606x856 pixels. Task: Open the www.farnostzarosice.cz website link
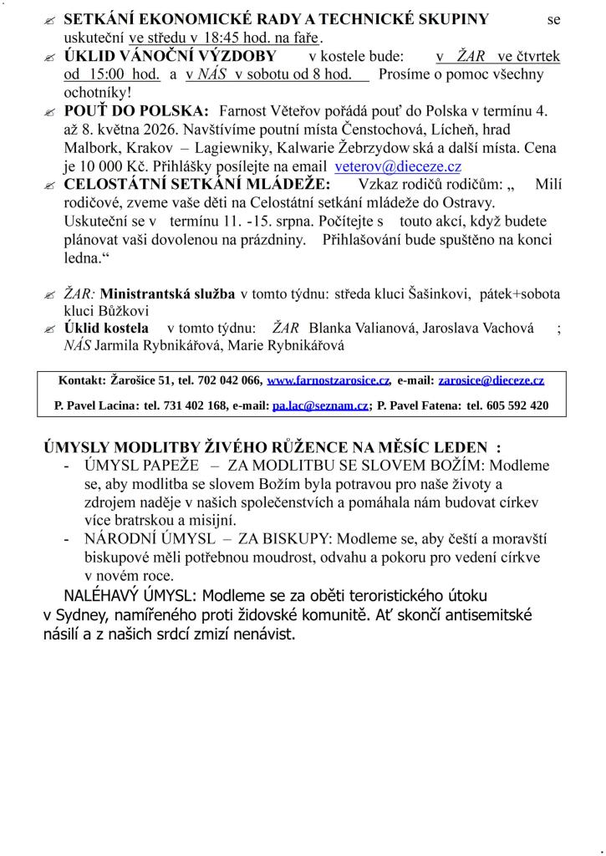[x=328, y=380]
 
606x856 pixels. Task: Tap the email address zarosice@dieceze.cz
[x=491, y=380]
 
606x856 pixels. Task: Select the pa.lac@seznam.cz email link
[x=320, y=405]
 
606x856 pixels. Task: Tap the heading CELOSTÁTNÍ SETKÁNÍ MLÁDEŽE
[x=197, y=184]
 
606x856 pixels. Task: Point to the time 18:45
[x=219, y=38]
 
